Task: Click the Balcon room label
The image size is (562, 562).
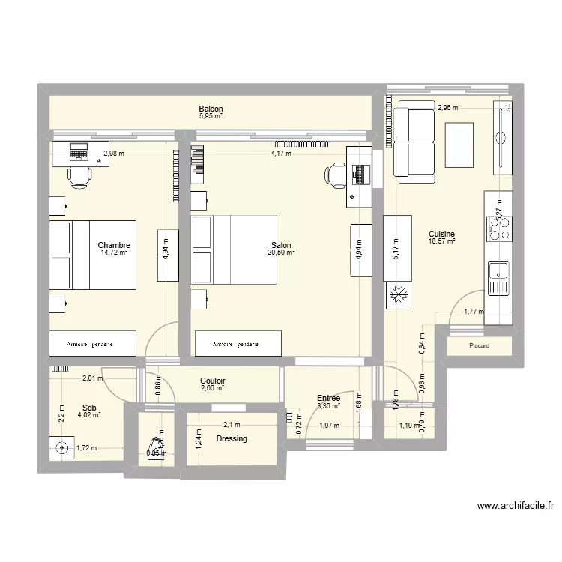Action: [211, 109]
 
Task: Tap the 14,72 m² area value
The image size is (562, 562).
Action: [115, 253]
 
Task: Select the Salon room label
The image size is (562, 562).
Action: [281, 245]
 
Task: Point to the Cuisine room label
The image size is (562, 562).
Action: [441, 234]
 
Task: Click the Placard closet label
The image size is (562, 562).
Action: [479, 346]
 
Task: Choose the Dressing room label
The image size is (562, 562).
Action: [231, 438]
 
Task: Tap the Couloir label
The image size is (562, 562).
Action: [213, 381]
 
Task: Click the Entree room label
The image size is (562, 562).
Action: [328, 399]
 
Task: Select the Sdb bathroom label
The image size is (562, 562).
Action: [88, 408]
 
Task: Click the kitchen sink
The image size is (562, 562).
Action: [498, 278]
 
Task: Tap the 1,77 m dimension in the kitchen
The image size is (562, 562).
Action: [473, 312]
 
